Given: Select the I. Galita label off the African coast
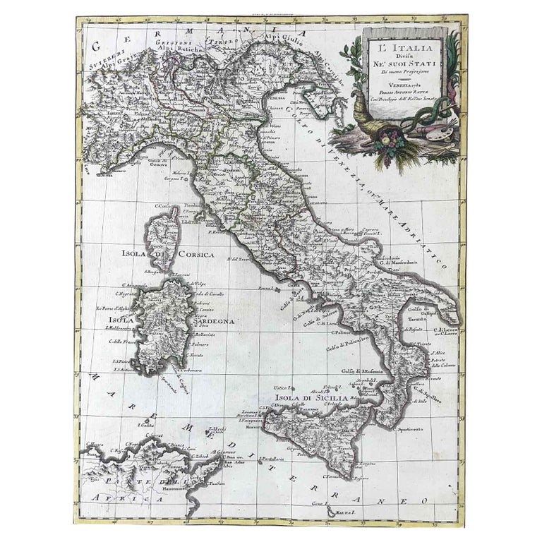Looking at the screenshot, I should [x=144, y=426].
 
